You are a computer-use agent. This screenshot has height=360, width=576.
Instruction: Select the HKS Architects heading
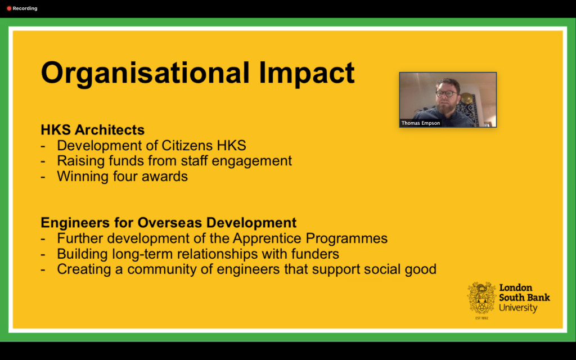coord(93,130)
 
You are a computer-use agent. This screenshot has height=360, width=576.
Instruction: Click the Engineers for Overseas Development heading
coord(169,223)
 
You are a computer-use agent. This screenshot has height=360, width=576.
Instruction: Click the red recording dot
coord(9,8)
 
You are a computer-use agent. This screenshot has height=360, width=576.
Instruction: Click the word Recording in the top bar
coord(25,8)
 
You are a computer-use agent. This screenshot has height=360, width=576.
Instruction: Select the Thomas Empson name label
coord(421,123)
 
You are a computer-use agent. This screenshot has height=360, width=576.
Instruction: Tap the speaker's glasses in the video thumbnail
coord(446,93)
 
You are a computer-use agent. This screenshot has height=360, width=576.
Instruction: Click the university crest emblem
coord(481,298)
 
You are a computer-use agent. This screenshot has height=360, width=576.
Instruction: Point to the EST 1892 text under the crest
coord(481,318)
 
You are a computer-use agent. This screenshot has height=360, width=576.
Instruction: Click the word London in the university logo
coord(515,287)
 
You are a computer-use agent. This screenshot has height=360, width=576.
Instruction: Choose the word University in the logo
coord(518,308)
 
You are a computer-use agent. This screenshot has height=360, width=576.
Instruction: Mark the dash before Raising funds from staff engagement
coord(43,161)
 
